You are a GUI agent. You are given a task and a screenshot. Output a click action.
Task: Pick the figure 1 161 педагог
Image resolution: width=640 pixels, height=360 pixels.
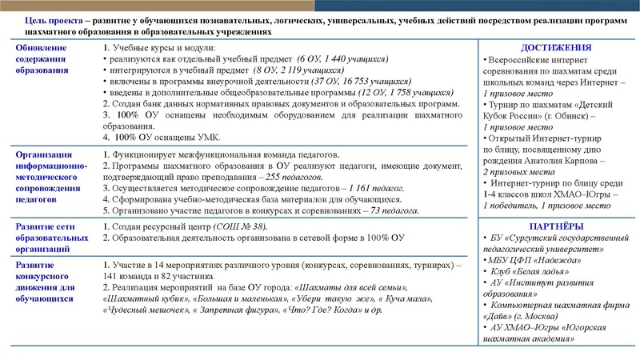tap(371, 187)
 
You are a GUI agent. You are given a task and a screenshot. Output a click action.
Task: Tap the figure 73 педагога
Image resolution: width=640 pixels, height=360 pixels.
tap(393, 210)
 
